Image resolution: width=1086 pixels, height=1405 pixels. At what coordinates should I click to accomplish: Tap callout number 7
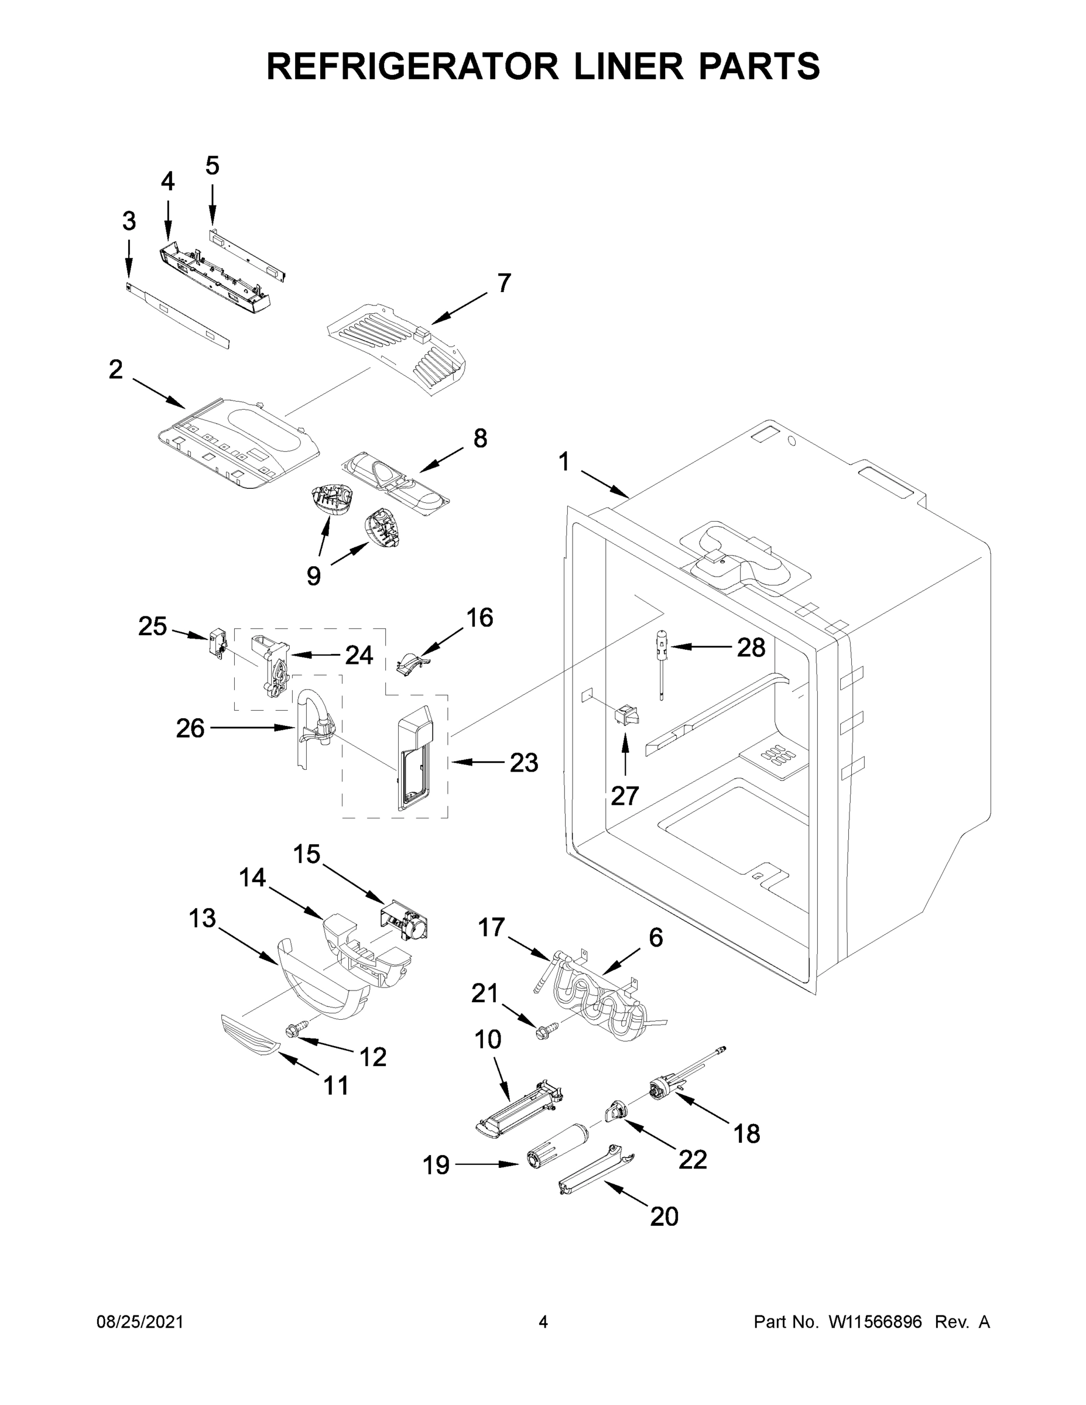pyautogui.click(x=503, y=283)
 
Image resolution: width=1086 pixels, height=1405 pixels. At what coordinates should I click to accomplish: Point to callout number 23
pyautogui.click(x=524, y=763)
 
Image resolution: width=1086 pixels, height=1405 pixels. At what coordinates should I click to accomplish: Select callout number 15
pyautogui.click(x=306, y=854)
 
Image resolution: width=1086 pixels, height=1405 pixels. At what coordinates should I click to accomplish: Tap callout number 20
pyautogui.click(x=664, y=1216)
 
